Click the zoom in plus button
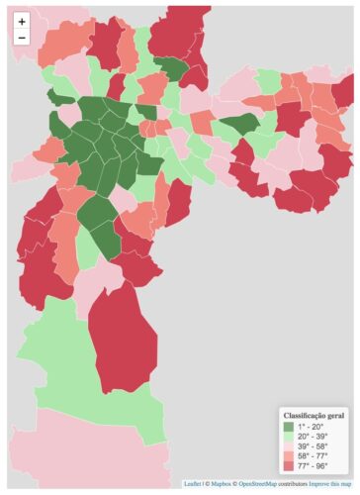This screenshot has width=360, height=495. [22, 21]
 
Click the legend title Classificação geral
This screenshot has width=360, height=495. [314, 415]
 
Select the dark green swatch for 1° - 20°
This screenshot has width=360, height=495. [290, 426]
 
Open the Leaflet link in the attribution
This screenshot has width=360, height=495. [192, 484]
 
